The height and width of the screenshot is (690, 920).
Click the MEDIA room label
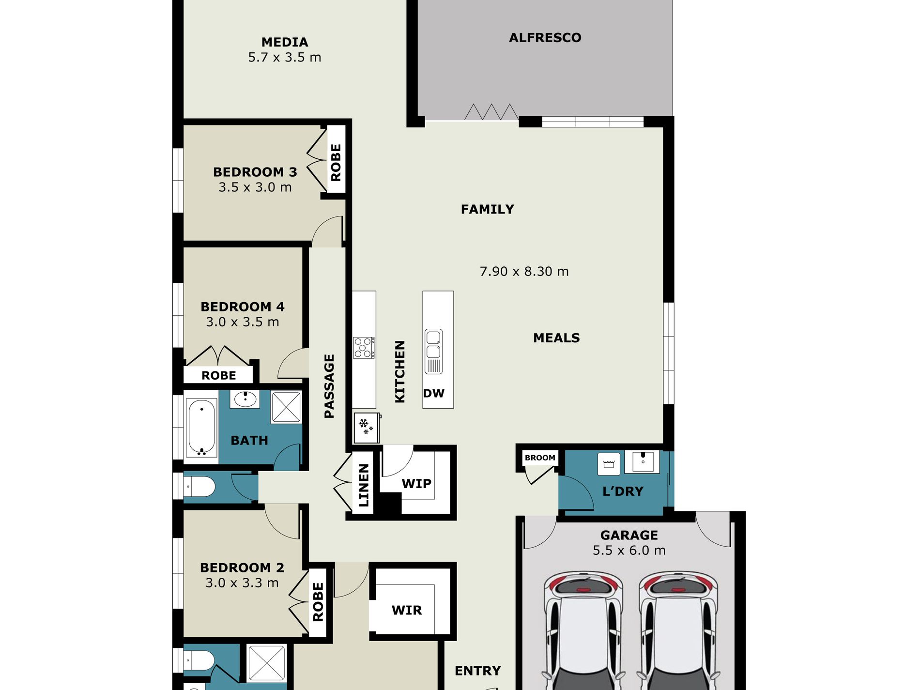pyautogui.click(x=285, y=42)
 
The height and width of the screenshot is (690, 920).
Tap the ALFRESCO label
pyautogui.click(x=545, y=37)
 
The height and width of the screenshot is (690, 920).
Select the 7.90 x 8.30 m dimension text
pyautogui.click(x=524, y=271)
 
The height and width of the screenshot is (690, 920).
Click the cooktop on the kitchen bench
pyautogui.click(x=364, y=348)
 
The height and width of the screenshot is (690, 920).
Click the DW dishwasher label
pyautogui.click(x=433, y=393)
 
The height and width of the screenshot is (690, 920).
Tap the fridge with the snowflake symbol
pyautogui.click(x=367, y=428)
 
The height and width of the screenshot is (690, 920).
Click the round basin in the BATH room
pyautogui.click(x=245, y=399)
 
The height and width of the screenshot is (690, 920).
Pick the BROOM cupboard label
pyautogui.click(x=540, y=458)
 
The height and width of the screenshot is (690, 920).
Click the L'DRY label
pyautogui.click(x=623, y=491)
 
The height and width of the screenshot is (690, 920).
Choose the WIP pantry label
pyautogui.click(x=416, y=483)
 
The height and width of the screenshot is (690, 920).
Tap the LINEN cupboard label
pyautogui.click(x=364, y=485)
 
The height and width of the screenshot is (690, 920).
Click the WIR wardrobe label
pyautogui.click(x=407, y=610)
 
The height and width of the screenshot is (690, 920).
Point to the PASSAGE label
pyautogui.click(x=329, y=386)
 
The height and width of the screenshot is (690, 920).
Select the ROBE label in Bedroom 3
pyautogui.click(x=336, y=163)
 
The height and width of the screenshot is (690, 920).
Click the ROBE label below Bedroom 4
pyautogui.click(x=219, y=375)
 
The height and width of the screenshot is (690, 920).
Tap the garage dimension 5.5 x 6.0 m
pyautogui.click(x=629, y=550)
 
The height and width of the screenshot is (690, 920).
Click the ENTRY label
pyautogui.click(x=477, y=671)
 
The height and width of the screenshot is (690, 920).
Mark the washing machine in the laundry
pyautogui.click(x=609, y=463)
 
